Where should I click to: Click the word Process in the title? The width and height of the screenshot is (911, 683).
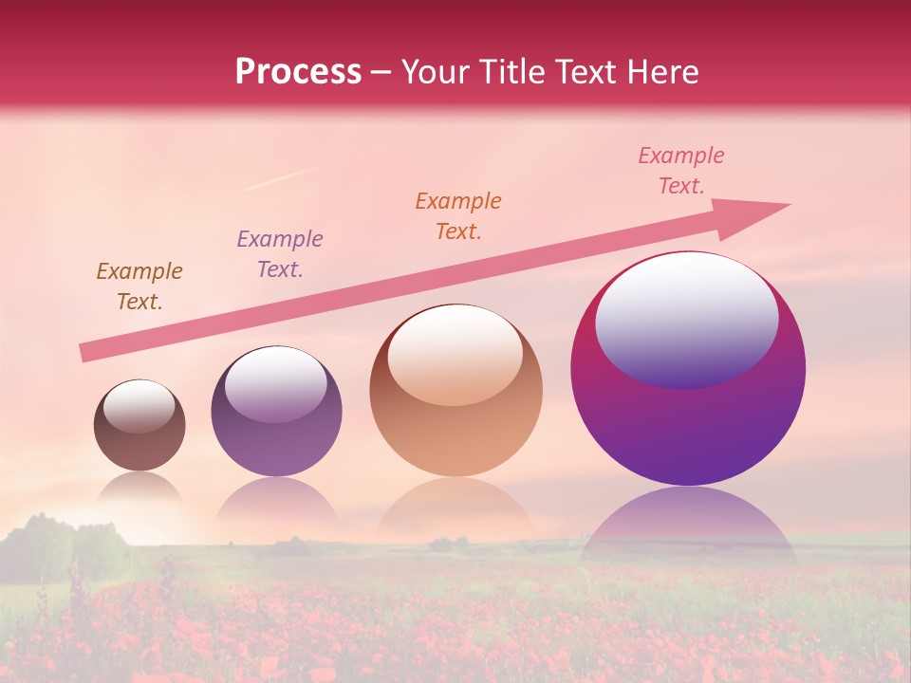click(x=298, y=72)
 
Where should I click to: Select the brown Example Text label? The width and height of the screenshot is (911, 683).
click(x=139, y=286)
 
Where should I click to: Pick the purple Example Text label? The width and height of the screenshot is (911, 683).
click(x=280, y=254)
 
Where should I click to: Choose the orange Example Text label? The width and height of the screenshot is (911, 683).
click(x=458, y=216)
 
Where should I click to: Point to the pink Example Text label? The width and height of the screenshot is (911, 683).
click(x=681, y=171)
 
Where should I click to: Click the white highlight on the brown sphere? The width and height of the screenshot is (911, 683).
click(x=139, y=406)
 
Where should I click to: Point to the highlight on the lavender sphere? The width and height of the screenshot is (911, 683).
click(x=275, y=384)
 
